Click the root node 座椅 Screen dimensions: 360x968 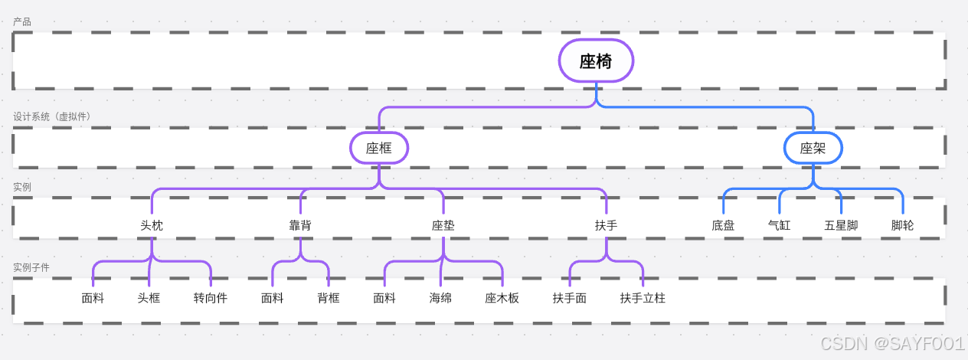tap(596, 61)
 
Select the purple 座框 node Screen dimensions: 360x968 tap(379, 148)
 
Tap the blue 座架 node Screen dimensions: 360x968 tap(813, 148)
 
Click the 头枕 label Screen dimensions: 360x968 tap(152, 225)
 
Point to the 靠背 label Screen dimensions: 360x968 tap(300, 225)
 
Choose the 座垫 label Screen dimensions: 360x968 tap(443, 225)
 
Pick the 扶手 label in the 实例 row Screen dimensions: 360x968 tap(606, 225)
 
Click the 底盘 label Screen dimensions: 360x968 tap(723, 225)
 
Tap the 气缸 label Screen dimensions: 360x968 tap(779, 225)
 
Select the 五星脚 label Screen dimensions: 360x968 tap(841, 225)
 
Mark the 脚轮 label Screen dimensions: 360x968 tap(902, 225)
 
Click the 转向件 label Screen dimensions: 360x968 tap(210, 298)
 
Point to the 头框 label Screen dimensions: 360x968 tap(149, 298)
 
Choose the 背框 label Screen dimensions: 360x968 tap(329, 298)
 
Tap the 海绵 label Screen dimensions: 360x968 tap(440, 298)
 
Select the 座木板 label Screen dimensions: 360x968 tap(502, 298)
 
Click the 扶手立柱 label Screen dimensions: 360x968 tap(643, 298)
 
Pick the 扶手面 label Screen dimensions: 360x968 tap(570, 298)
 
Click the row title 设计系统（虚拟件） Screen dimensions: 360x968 tap(51, 116)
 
